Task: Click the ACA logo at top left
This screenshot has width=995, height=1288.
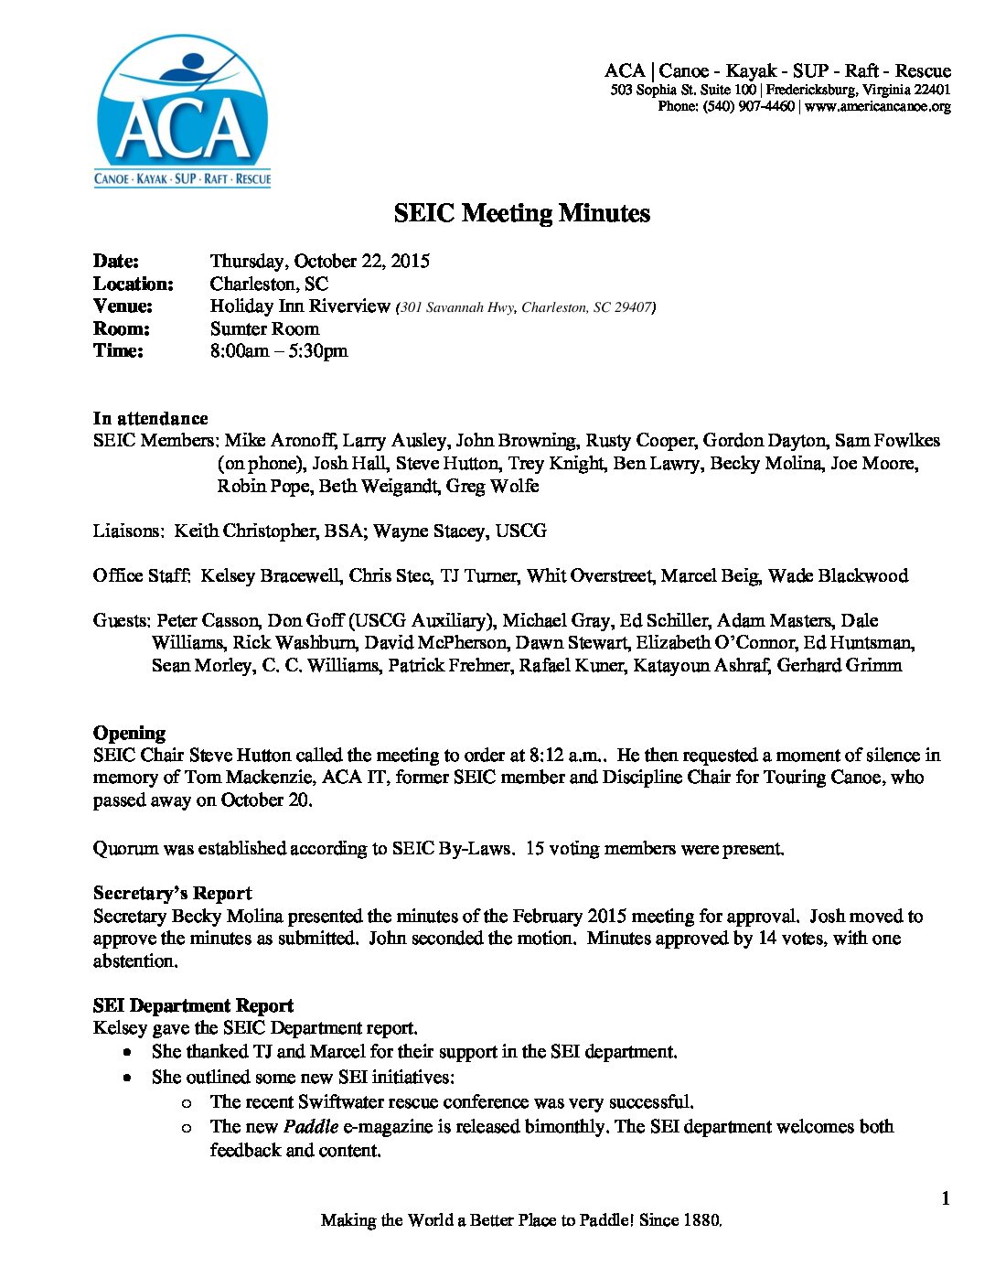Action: [183, 112]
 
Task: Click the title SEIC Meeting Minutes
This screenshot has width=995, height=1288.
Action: [521, 213]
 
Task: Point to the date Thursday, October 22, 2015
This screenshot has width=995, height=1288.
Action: [319, 261]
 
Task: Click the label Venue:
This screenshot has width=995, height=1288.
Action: [123, 306]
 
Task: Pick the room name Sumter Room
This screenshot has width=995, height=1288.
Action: [264, 328]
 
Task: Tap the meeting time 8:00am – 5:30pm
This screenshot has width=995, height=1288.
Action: [278, 350]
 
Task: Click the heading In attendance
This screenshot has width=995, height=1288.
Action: [150, 418]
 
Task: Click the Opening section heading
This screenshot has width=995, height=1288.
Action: [129, 733]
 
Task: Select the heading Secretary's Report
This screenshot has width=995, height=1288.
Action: [172, 893]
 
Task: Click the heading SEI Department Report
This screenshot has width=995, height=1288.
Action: [193, 1005]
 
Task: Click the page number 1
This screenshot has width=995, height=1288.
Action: [945, 1198]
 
